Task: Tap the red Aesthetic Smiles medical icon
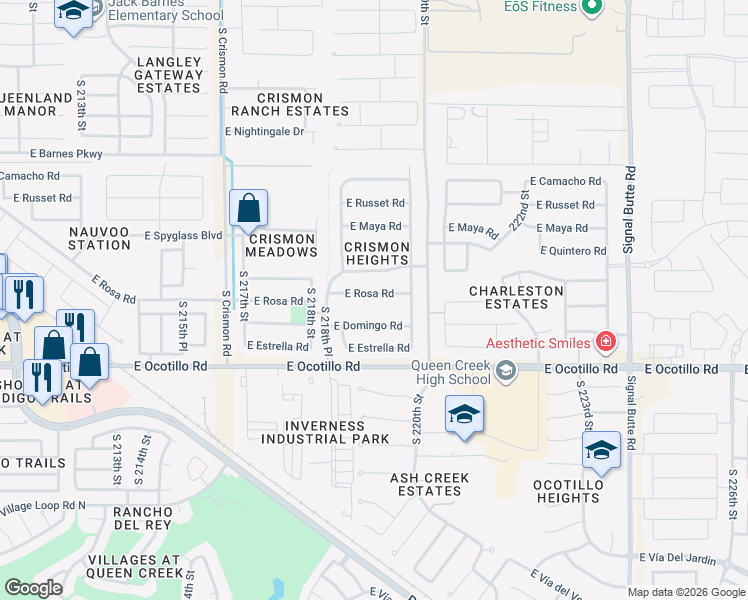[x=604, y=343]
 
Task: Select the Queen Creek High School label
[x=453, y=372]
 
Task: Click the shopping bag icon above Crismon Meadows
[x=248, y=209]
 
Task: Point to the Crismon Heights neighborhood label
[x=377, y=253]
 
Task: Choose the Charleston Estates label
[x=516, y=297]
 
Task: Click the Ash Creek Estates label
[x=429, y=484]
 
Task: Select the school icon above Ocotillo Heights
[x=601, y=451]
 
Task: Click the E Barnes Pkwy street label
[x=66, y=154]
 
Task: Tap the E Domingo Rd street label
[x=367, y=326]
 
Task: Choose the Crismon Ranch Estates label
[x=302, y=104]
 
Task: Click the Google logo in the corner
[x=33, y=588]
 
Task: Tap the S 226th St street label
[x=733, y=497]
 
